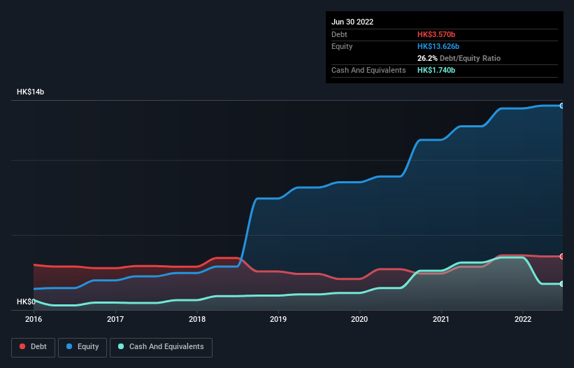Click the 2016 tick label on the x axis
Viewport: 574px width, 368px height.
tap(34, 319)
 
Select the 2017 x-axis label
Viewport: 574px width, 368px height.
tap(115, 319)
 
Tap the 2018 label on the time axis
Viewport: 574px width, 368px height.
tap(197, 319)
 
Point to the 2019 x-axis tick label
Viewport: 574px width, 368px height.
tap(278, 319)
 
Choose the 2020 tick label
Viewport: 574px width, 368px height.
tap(359, 319)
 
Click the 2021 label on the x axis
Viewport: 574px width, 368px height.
tap(441, 319)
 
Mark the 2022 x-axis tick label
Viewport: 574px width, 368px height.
tap(523, 319)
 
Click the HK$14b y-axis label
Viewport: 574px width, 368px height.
tap(32, 92)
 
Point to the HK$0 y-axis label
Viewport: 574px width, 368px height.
tap(26, 302)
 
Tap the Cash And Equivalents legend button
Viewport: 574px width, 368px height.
tap(161, 347)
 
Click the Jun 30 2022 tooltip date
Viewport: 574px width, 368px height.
tap(352, 22)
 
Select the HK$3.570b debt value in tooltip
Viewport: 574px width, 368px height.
tap(436, 34)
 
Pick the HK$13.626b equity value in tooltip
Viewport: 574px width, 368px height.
tap(438, 46)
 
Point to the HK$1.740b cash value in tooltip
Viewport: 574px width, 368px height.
tap(436, 71)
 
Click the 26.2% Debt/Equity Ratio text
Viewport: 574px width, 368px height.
tap(459, 58)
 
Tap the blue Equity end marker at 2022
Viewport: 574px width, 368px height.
tap(562, 106)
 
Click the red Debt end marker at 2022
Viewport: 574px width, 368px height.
tap(562, 257)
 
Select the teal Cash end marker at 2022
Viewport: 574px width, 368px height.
tap(562, 284)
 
